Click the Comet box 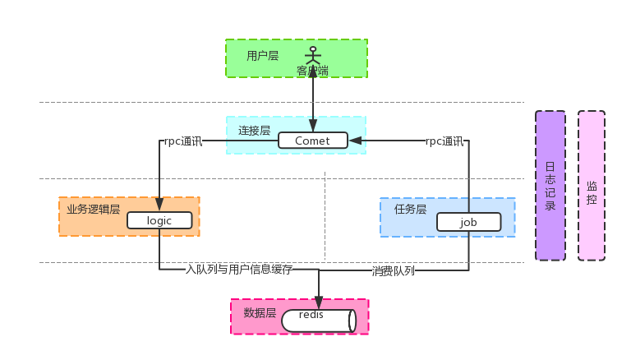coord(312,141)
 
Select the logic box coord(159,220)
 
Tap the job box coord(468,222)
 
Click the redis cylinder coord(318,321)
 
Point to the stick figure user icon coord(312,56)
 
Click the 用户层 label coord(262,56)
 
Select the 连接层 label coord(254,130)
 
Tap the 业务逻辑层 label coord(93,210)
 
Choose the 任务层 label coord(410,209)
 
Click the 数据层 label coord(260,313)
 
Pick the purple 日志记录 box coord(550,186)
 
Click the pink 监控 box coord(592,186)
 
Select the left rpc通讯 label coord(182,141)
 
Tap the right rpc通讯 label coord(444,141)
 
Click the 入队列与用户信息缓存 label coord(238,269)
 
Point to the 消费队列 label coord(393,270)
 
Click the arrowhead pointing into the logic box coord(159,205)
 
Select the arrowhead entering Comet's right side coord(355,141)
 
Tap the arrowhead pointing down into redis coord(318,302)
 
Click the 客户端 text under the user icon coord(312,72)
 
